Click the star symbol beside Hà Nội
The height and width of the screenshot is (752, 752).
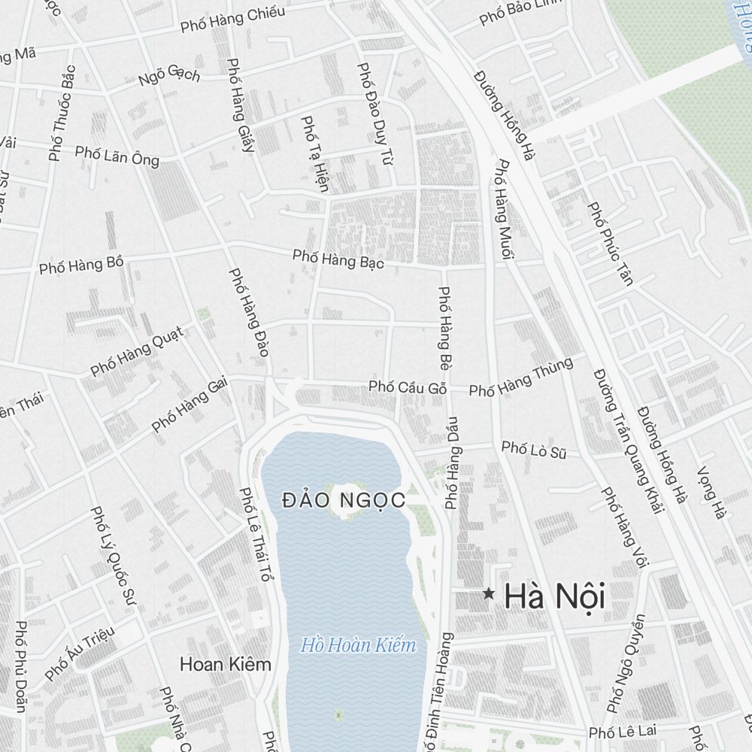pos(489,594)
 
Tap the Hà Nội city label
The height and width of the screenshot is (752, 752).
pos(555,597)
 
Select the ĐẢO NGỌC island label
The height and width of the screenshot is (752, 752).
pos(344,499)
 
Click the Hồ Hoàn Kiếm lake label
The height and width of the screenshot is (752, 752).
pos(358,645)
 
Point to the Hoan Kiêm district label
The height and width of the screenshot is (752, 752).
pos(226,665)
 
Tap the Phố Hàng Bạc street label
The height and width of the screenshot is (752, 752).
pos(338,259)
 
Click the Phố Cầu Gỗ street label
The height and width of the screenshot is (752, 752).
pos(408,387)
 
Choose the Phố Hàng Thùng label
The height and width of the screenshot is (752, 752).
pos(521,378)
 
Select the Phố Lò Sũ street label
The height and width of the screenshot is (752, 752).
pos(534,450)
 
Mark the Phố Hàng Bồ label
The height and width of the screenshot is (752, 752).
pos(81,265)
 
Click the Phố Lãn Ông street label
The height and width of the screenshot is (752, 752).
pos(117,155)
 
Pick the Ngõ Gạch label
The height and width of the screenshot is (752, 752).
pos(169,75)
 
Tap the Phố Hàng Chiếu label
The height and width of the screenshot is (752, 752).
pos(233,20)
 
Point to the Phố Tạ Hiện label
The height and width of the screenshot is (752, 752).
pos(314,153)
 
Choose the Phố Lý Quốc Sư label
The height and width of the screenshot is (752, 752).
pos(112,555)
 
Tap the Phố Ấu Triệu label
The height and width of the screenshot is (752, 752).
pos(80,653)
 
